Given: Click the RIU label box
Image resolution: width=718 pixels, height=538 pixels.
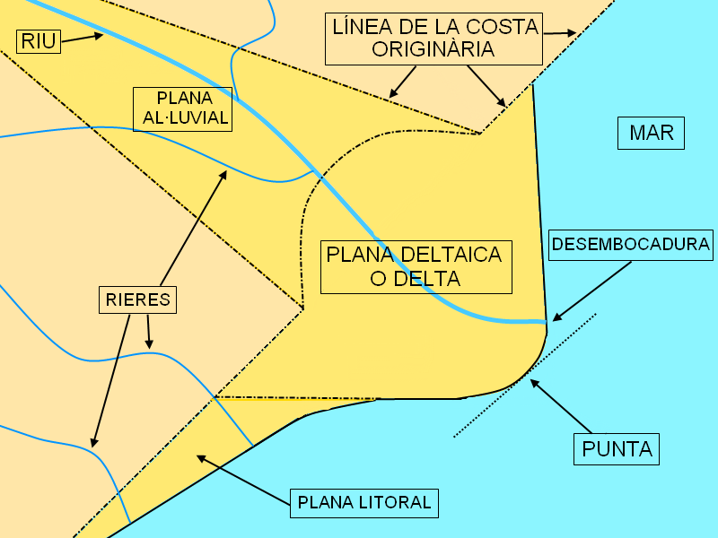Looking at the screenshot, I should pyautogui.click(x=39, y=40).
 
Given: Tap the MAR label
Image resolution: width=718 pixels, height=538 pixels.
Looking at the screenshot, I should pyautogui.click(x=652, y=134).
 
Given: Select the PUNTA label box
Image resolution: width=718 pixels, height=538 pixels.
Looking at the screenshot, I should pyautogui.click(x=617, y=448).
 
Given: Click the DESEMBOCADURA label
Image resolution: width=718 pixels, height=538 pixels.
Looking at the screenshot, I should pyautogui.click(x=631, y=244).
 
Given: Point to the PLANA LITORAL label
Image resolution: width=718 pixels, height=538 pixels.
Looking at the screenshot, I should pyautogui.click(x=364, y=502).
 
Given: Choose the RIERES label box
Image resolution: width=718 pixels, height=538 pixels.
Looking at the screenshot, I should pyautogui.click(x=137, y=299).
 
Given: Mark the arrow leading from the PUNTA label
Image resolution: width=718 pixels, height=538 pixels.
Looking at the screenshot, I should pyautogui.click(x=560, y=406).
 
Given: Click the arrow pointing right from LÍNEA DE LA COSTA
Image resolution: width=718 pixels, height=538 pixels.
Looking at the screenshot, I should pyautogui.click(x=558, y=33).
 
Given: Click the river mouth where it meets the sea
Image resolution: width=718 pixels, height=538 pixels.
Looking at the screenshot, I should pyautogui.click(x=544, y=320).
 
